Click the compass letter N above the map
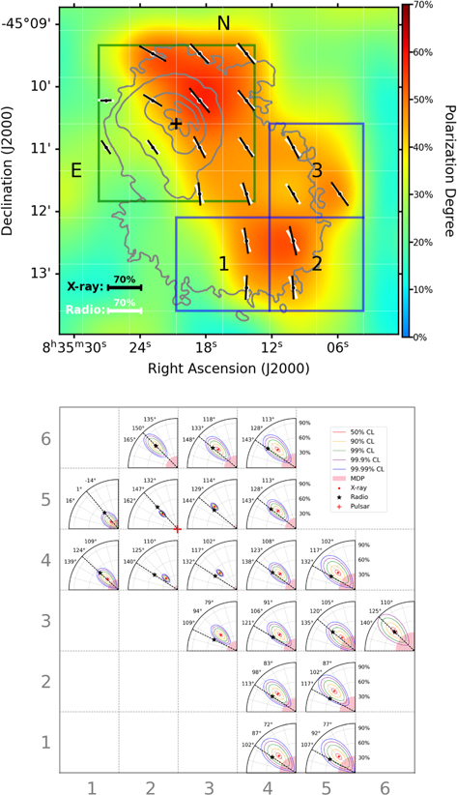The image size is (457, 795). tap(223, 23)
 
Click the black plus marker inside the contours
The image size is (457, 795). tap(175, 124)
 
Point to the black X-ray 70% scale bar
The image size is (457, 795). tap(125, 287)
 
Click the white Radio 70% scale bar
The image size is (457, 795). tap(125, 311)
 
